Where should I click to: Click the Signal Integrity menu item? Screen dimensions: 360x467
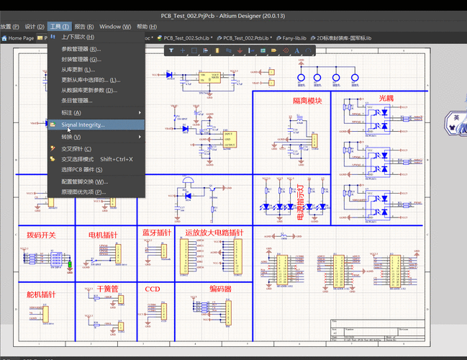coord(83,125)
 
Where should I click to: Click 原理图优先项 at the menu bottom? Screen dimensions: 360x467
coord(83,192)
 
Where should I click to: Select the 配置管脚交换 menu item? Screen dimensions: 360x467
coord(84,181)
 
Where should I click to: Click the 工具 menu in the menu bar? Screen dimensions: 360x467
coord(60,27)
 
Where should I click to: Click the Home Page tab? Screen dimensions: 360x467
coord(20,37)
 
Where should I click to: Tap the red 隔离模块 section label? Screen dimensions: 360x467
coord(307,101)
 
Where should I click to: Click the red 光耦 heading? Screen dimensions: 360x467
coord(386,98)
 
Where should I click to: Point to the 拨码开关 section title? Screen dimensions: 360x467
coord(41,235)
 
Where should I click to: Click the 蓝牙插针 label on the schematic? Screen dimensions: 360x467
coord(156,233)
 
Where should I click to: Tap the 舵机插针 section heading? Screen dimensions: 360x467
coord(41,294)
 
